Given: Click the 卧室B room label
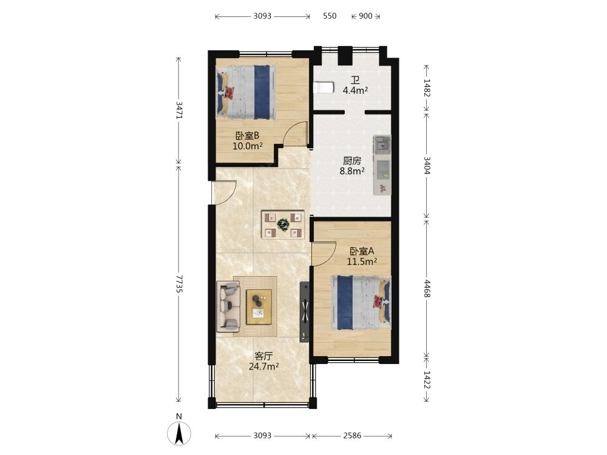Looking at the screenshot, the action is point(248,136).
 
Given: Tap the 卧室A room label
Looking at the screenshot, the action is point(362,251).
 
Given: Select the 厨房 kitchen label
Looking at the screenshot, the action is point(352,161).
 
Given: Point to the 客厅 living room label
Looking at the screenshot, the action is point(263,356).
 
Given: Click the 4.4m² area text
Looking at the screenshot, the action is point(355,91).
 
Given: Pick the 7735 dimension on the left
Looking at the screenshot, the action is point(178,283).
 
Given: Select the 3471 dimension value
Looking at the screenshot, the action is point(178,110).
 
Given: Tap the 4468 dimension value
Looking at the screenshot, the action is point(426,289).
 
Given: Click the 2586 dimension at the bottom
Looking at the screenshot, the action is point(352,436).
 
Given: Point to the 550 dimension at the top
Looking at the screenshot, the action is point(330,16).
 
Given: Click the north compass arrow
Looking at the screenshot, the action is point(179,433).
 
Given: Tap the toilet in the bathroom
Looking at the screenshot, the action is point(324,87).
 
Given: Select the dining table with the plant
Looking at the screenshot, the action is point(283,224).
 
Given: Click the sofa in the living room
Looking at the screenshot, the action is point(228,306).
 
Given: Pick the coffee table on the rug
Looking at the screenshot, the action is point(259,307).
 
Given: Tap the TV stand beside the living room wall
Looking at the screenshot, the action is point(305,312).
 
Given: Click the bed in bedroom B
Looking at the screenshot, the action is point(246,92).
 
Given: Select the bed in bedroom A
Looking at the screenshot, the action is point(361,303).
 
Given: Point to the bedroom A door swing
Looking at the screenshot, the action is point(324,254).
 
